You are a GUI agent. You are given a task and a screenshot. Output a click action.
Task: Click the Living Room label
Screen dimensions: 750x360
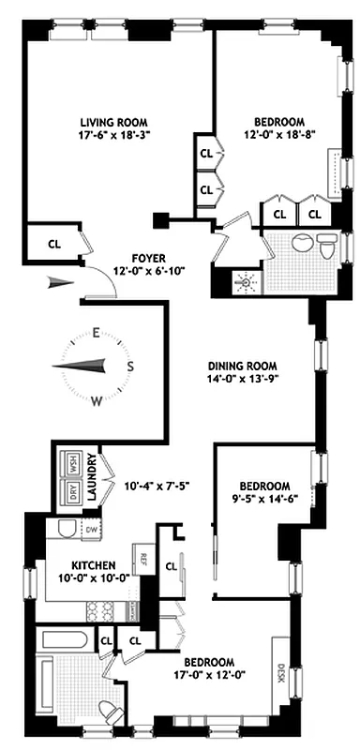pos(114,121)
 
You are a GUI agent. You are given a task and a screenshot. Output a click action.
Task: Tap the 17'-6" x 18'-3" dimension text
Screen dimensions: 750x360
pos(114,135)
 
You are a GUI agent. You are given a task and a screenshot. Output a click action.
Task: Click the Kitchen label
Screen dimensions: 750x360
pos(94,565)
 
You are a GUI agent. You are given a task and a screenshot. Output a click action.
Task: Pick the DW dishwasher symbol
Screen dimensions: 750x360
pos(91,530)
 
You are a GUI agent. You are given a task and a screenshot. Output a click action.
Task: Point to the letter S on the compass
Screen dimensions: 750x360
pos(130,367)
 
